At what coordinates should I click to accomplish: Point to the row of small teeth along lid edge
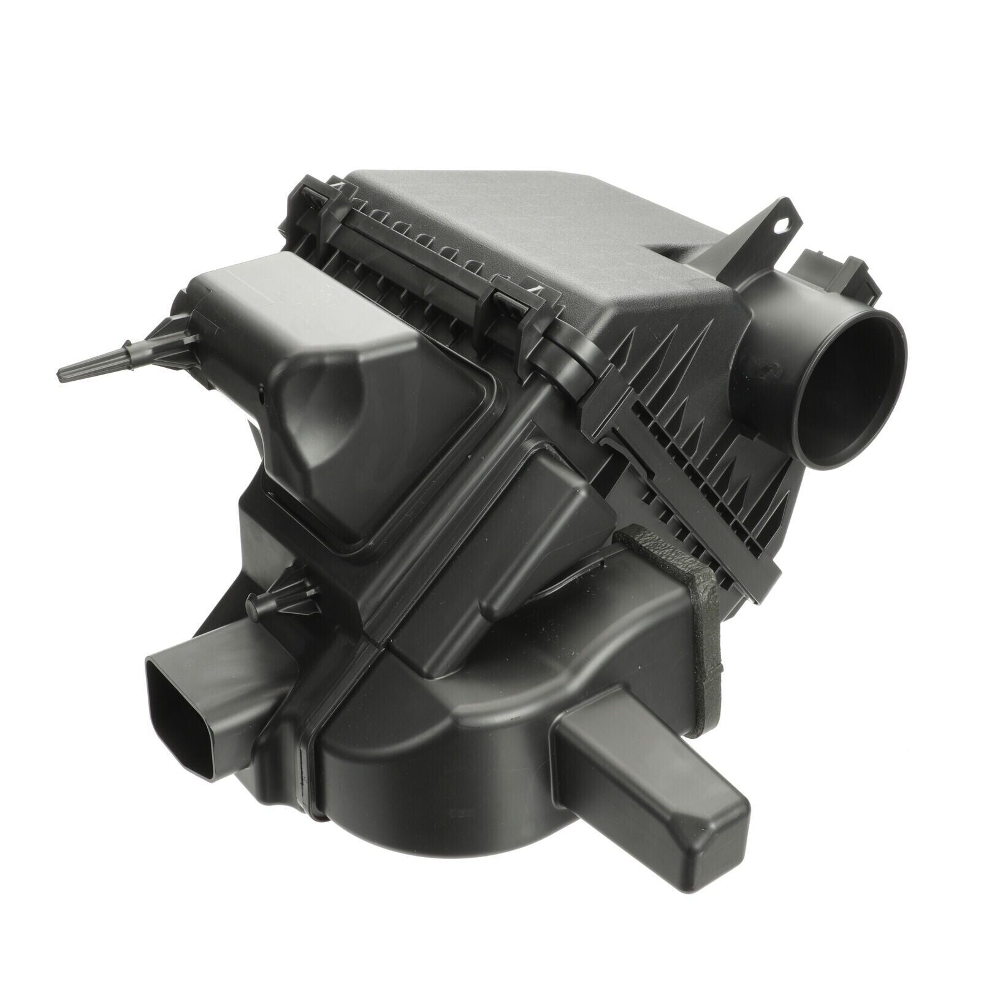click(423, 245)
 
